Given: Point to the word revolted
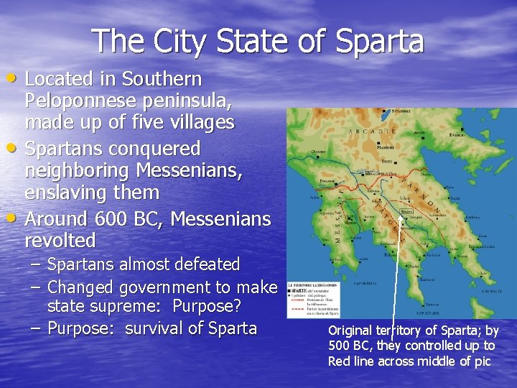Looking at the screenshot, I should [60, 240].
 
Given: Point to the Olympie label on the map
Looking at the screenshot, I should [319, 152].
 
